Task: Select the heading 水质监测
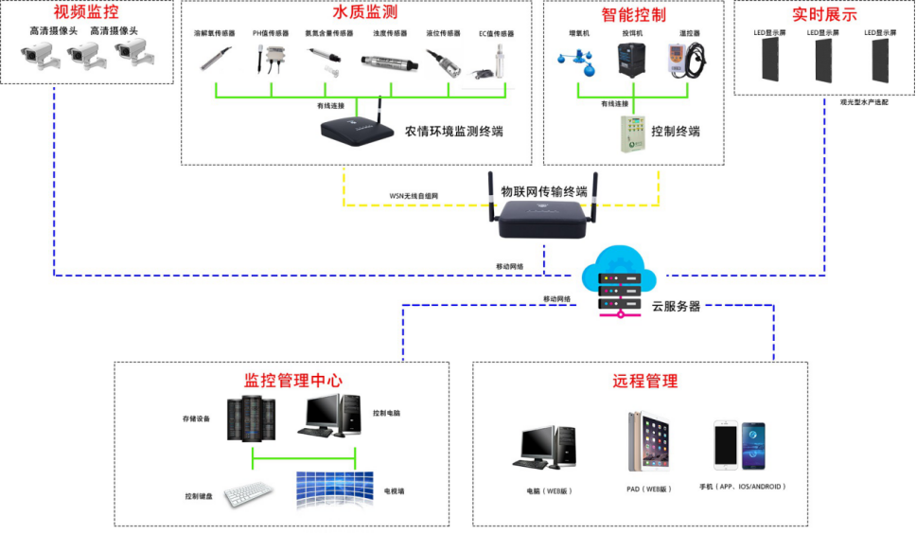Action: (363, 13)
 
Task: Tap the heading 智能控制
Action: (633, 15)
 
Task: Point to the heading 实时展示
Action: (824, 15)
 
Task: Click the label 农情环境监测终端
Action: (454, 132)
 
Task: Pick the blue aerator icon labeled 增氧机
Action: (575, 61)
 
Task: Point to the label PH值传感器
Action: (271, 33)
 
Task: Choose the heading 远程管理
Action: (644, 382)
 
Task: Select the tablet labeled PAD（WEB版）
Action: (647, 441)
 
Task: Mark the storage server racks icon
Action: (251, 418)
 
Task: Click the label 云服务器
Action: (676, 307)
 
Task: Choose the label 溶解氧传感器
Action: (214, 33)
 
